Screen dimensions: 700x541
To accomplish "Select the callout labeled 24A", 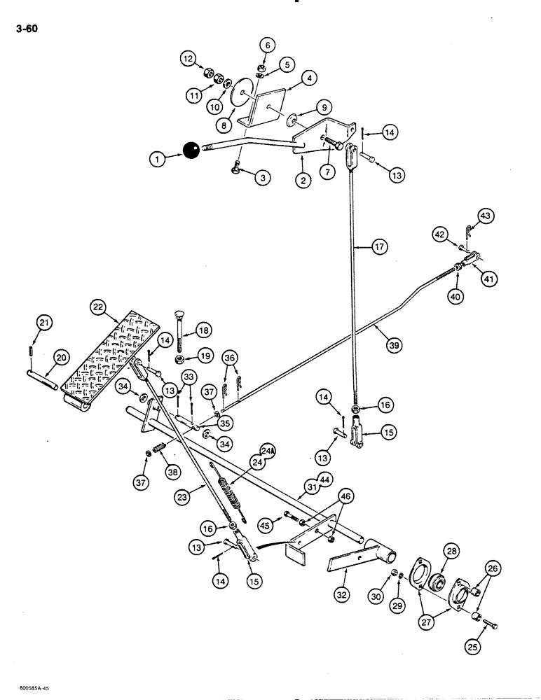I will (267, 450).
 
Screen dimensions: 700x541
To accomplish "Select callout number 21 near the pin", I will (45, 322).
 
